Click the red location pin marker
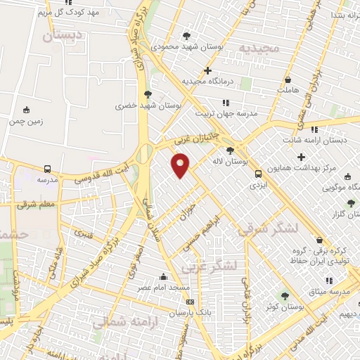point(181,165)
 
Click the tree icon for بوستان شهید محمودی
point(186,36)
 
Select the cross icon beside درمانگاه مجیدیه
point(207,70)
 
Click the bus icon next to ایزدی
point(258,174)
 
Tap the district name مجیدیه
point(259,48)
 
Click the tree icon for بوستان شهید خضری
point(147,94)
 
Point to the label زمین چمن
point(26,121)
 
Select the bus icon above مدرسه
point(47,169)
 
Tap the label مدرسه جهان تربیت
point(226,112)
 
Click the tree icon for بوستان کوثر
point(285,296)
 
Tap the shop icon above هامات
point(289,79)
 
